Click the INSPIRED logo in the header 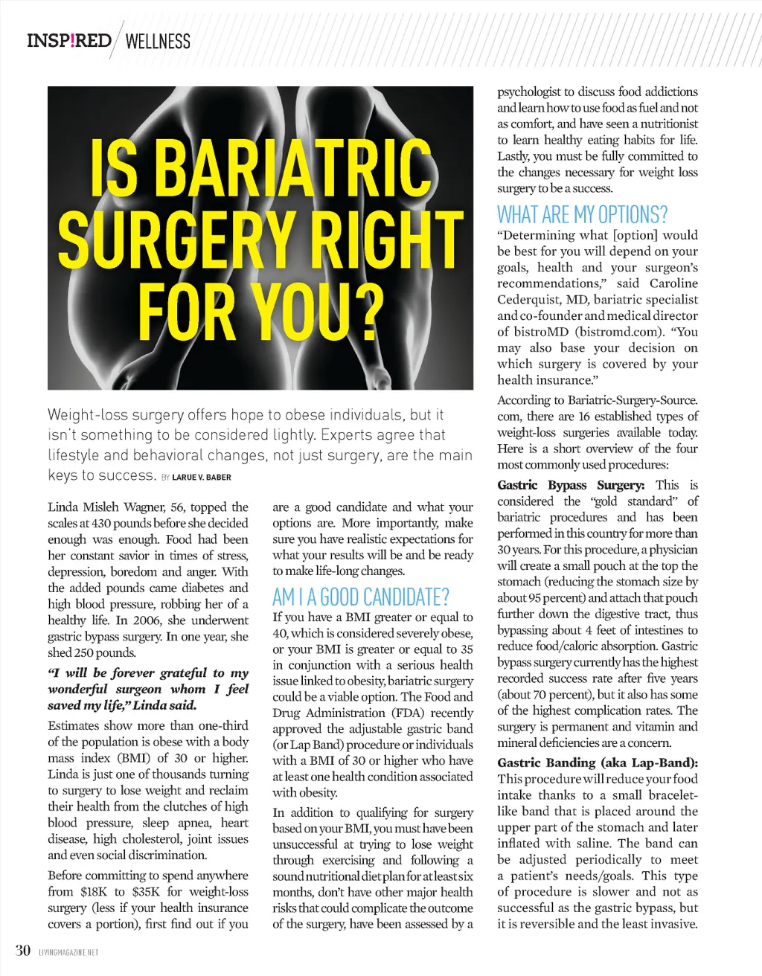(68, 40)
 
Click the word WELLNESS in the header (158, 42)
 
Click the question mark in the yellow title (362, 309)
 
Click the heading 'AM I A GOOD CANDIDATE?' (361, 597)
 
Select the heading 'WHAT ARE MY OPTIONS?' (582, 215)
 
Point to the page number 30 (23, 950)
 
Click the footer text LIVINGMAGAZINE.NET (68, 952)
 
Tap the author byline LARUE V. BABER (202, 477)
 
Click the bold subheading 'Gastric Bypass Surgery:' (571, 485)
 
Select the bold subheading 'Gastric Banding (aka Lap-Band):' (598, 762)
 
